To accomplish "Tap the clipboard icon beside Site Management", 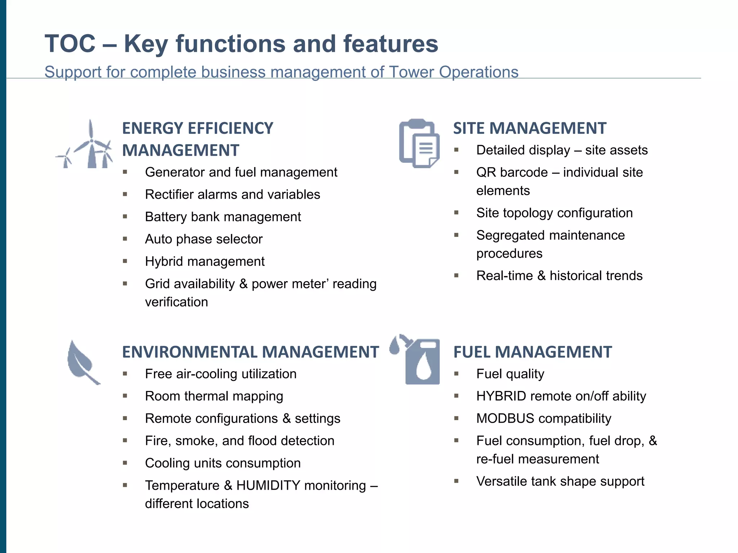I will pyautogui.click(x=419, y=143).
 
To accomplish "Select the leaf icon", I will pyautogui.click(x=82, y=361).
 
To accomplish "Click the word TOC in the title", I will pyautogui.click(x=70, y=44).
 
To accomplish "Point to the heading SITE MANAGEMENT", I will pyautogui.click(x=529, y=129).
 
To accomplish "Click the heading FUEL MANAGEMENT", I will pyautogui.click(x=532, y=352).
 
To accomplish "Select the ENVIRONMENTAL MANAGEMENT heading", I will pyautogui.click(x=250, y=352).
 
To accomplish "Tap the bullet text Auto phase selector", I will pyautogui.click(x=204, y=239).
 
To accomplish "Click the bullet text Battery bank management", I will pyautogui.click(x=223, y=217).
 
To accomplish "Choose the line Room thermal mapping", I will pyautogui.click(x=214, y=396).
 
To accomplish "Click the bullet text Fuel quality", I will pyautogui.click(x=510, y=374).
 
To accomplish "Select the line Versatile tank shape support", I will pyautogui.click(x=560, y=481).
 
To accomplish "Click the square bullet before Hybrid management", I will pyautogui.click(x=125, y=261).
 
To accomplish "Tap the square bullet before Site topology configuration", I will pyautogui.click(x=456, y=212).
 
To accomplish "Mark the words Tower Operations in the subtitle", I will pyautogui.click(x=453, y=72).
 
